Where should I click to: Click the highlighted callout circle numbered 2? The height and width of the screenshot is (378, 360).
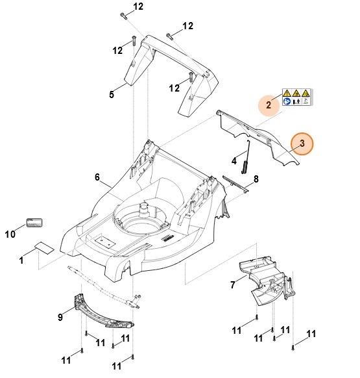(x=268, y=103)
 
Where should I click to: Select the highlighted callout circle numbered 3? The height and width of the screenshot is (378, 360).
(x=302, y=143)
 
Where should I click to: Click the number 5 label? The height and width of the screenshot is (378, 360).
(x=112, y=94)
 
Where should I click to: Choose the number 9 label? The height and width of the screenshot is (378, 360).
(x=61, y=316)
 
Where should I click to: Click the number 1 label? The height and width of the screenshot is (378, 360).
(x=22, y=260)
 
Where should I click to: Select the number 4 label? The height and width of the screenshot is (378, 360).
(x=234, y=160)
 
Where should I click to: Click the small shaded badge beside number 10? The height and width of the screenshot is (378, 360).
(x=34, y=223)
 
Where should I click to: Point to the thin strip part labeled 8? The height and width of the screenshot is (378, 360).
(x=237, y=183)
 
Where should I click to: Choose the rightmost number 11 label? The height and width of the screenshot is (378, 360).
(x=311, y=334)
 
